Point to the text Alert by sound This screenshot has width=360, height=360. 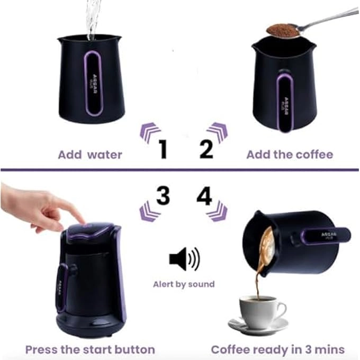click(x=184, y=284)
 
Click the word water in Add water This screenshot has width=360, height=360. click(x=104, y=155)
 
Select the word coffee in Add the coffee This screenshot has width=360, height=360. click(x=312, y=155)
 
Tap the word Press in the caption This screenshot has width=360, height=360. click(x=44, y=349)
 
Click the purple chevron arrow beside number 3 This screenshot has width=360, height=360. click(x=149, y=211)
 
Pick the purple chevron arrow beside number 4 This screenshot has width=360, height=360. click(x=217, y=211)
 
